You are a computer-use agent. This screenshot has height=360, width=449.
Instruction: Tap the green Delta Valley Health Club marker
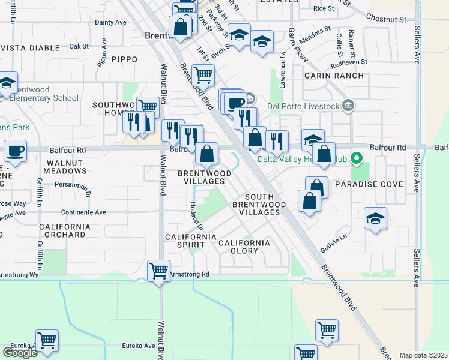tap(356, 159)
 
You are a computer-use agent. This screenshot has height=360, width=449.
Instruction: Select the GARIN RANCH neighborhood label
tap(334, 76)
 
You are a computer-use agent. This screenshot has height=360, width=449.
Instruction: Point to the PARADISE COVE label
tap(369, 184)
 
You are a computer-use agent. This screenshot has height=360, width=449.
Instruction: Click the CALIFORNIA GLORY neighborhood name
tap(244, 243)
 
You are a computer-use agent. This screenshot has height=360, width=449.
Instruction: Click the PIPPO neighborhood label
tap(124, 59)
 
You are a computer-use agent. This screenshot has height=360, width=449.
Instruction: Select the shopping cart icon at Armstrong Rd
tap(158, 271)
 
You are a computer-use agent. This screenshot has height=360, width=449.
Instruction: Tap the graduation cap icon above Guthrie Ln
tap(375, 218)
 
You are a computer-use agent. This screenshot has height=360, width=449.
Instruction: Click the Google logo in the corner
tap(20, 353)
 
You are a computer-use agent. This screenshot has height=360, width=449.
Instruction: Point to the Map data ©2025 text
tap(423, 355)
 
